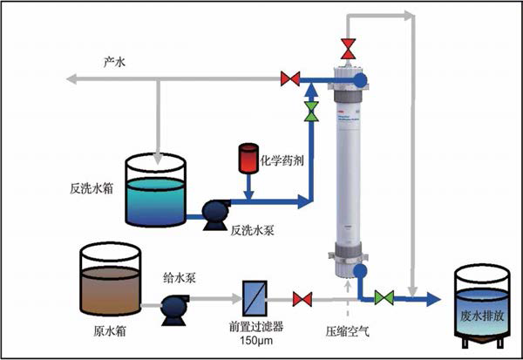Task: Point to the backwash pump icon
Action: (x=212, y=213)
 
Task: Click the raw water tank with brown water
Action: (x=110, y=280)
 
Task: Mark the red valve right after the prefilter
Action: (x=302, y=299)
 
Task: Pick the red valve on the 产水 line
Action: (x=290, y=79)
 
